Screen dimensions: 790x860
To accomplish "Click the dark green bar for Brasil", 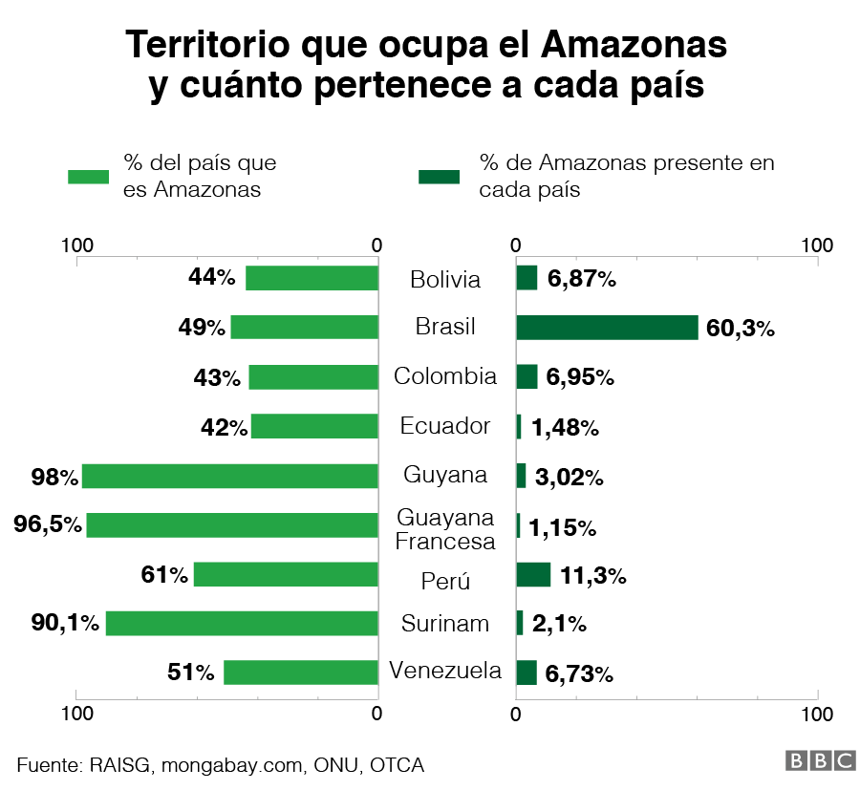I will coord(607,328).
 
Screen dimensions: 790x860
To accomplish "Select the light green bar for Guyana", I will coord(229,476).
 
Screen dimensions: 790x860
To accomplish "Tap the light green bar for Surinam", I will coord(242,624).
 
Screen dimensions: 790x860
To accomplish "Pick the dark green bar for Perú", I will coord(533,574).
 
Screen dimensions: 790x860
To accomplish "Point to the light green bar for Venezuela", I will coord(301,673).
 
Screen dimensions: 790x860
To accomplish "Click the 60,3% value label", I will coord(740,329).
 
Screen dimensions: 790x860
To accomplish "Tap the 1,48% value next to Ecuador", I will coord(565,427).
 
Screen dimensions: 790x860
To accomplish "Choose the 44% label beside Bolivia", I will coord(212,277).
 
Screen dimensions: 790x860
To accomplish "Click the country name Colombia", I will coord(445,376).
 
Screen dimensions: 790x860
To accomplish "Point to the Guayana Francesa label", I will coord(445,529).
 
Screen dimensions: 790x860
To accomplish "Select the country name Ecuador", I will coord(445,426).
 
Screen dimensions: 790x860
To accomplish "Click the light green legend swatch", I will coord(89,176).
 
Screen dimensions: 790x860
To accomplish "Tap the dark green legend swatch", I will coord(439,176).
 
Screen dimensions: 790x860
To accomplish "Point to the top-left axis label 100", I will coord(76,245).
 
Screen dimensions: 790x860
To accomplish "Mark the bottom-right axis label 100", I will coord(817,714).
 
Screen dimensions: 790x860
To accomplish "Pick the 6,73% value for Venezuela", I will coord(579,674).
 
